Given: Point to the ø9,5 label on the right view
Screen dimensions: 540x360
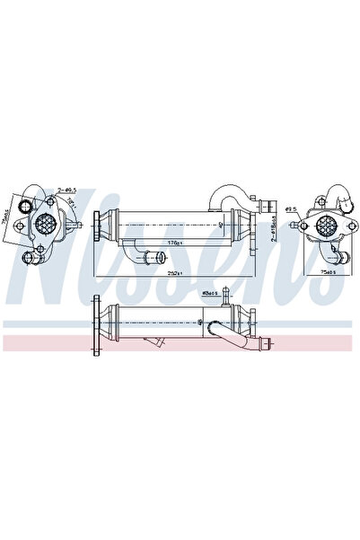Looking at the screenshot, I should coord(291,209).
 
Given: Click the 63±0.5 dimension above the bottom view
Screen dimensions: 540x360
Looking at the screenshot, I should coord(211,293).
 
